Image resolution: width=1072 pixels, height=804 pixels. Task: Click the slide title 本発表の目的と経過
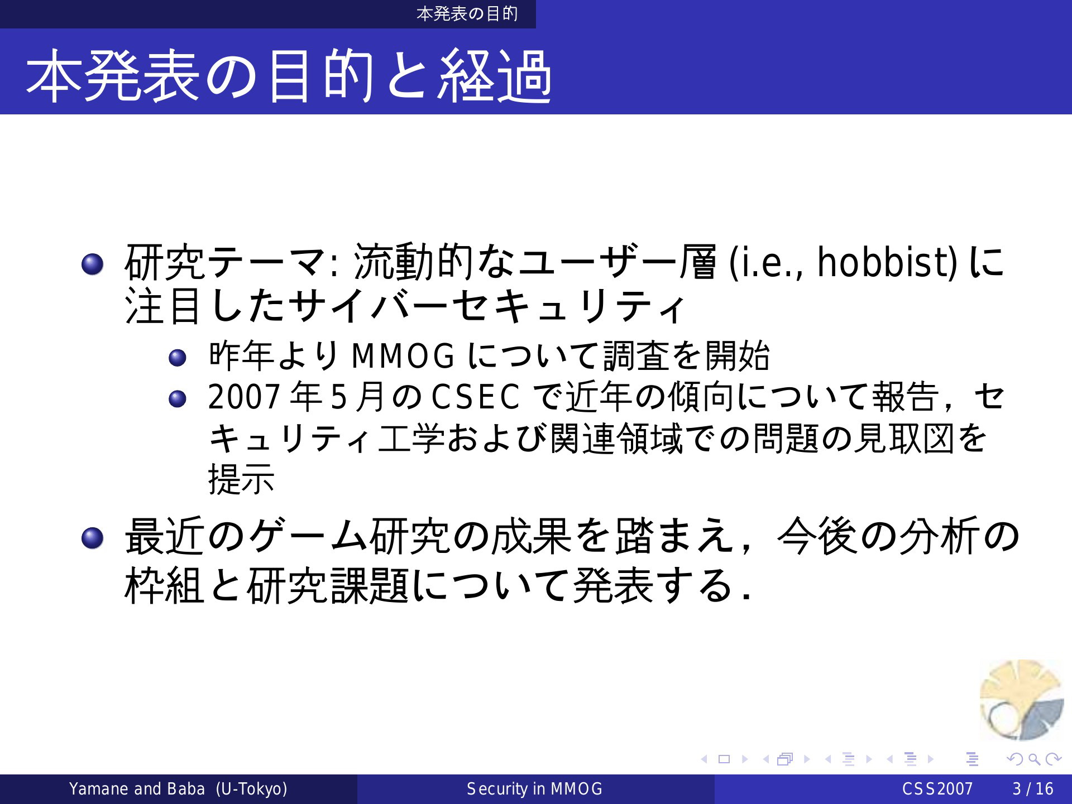[x=289, y=75]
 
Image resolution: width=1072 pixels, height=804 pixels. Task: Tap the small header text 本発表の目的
[x=467, y=13]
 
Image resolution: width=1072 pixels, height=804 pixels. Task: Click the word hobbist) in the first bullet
[x=887, y=262]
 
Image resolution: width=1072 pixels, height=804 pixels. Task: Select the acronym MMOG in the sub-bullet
[x=403, y=356]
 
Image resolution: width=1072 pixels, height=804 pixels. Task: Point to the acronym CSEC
[x=476, y=397]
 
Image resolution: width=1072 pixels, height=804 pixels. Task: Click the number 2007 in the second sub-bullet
[x=244, y=397]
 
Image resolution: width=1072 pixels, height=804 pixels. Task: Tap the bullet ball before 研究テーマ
[x=92, y=264]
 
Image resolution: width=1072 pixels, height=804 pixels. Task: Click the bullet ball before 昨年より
[x=178, y=358]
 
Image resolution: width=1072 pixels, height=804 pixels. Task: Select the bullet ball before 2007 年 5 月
[x=178, y=399]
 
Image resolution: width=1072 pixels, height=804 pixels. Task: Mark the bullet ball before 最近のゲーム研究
[x=92, y=538]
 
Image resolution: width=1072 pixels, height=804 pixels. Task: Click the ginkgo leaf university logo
[x=1022, y=700]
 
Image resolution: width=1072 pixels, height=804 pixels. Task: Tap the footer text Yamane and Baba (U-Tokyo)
[x=178, y=789]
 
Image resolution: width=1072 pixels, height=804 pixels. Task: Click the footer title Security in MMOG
[x=535, y=789]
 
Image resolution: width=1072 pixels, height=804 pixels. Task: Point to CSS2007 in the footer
[x=937, y=789]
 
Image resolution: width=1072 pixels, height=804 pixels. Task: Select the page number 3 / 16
[x=1033, y=789]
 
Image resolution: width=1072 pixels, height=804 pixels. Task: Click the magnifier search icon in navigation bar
[x=1034, y=759]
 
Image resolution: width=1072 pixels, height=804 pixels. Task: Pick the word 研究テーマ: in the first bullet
[x=231, y=262]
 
